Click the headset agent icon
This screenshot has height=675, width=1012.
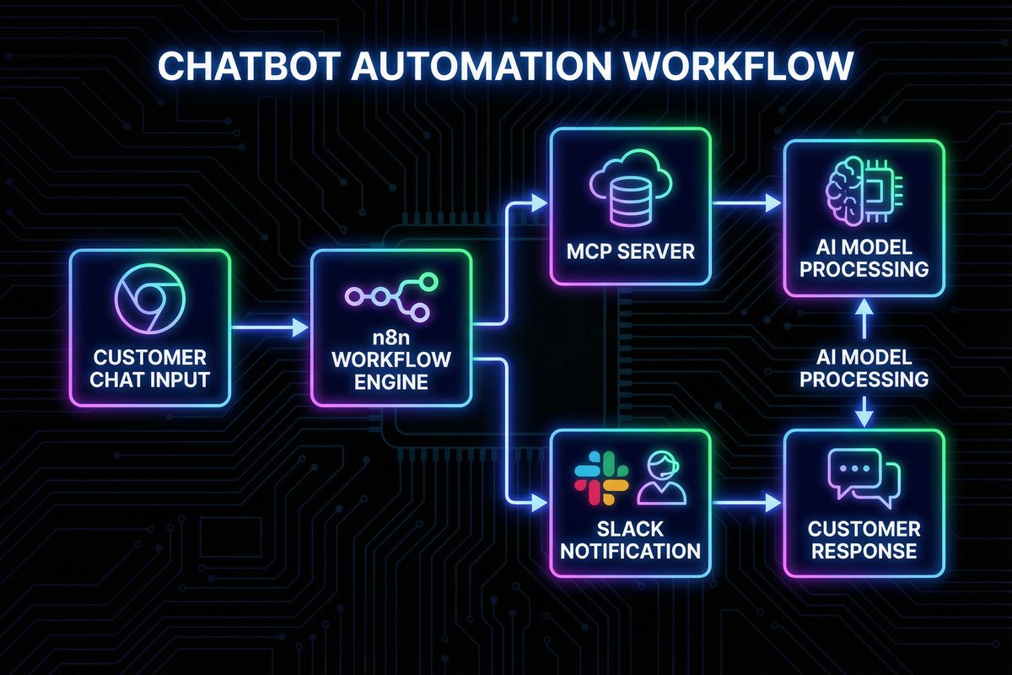click(661, 478)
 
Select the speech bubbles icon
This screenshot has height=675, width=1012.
click(864, 476)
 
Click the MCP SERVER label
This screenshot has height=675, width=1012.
click(631, 251)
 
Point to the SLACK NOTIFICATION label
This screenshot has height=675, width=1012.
click(631, 540)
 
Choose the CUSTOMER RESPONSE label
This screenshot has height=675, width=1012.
click(864, 540)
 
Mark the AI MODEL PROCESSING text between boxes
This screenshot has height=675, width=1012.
click(864, 368)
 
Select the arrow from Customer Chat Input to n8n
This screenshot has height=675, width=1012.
click(268, 324)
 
